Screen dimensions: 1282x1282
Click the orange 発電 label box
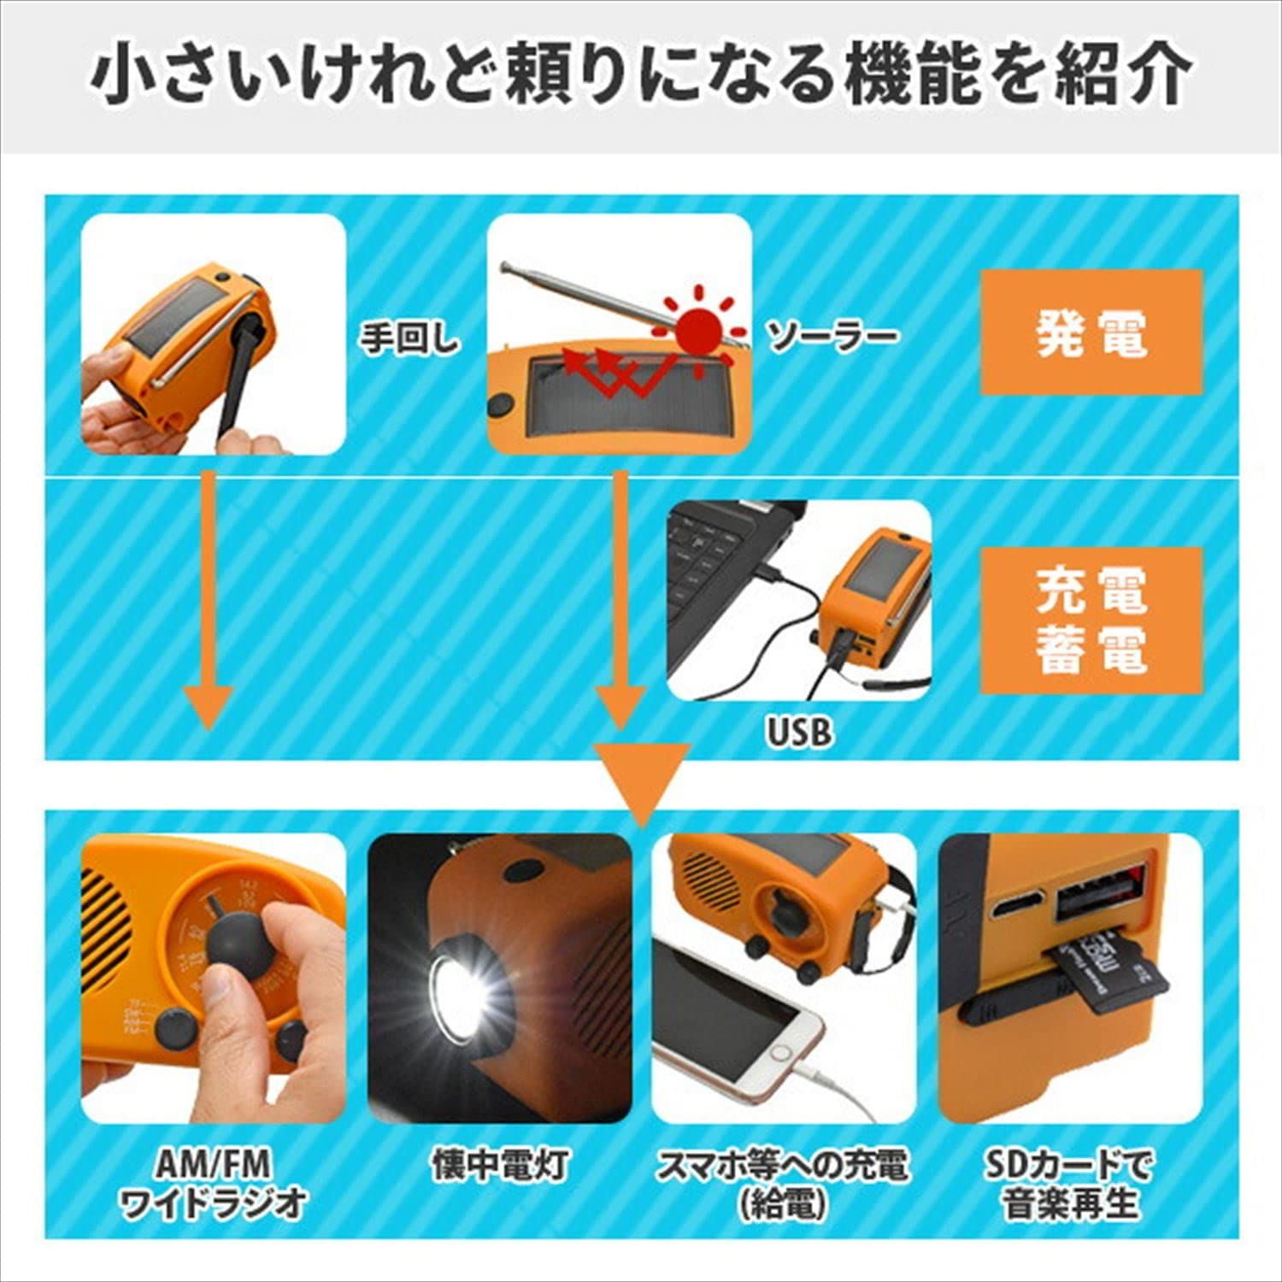[x=1091, y=332]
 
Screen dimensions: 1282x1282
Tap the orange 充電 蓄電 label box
[x=1091, y=620]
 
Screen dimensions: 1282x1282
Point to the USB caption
[x=798, y=732]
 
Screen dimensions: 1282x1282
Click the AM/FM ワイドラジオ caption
[x=214, y=1184]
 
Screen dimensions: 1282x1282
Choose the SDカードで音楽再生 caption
[x=1070, y=1184]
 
